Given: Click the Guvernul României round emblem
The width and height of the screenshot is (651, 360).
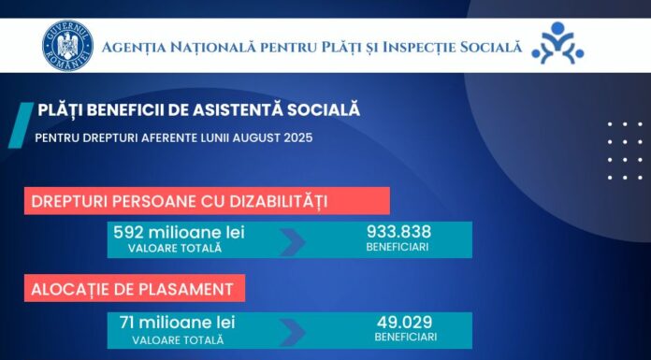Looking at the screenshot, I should tap(67, 46).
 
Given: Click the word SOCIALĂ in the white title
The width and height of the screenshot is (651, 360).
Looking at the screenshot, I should tap(320, 110).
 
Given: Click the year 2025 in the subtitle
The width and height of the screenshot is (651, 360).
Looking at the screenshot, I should tap(297, 137).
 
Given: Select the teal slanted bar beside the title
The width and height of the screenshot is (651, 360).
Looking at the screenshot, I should tap(18, 124).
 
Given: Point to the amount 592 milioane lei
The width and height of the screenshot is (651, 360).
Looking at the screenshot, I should tap(178, 232).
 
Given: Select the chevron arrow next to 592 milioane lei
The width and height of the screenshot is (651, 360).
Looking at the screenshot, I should tap(292, 241).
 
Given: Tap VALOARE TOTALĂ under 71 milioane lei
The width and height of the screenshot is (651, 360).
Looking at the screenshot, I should tap(177, 338).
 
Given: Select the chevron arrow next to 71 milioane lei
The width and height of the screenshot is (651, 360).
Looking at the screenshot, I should tap(292, 331).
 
